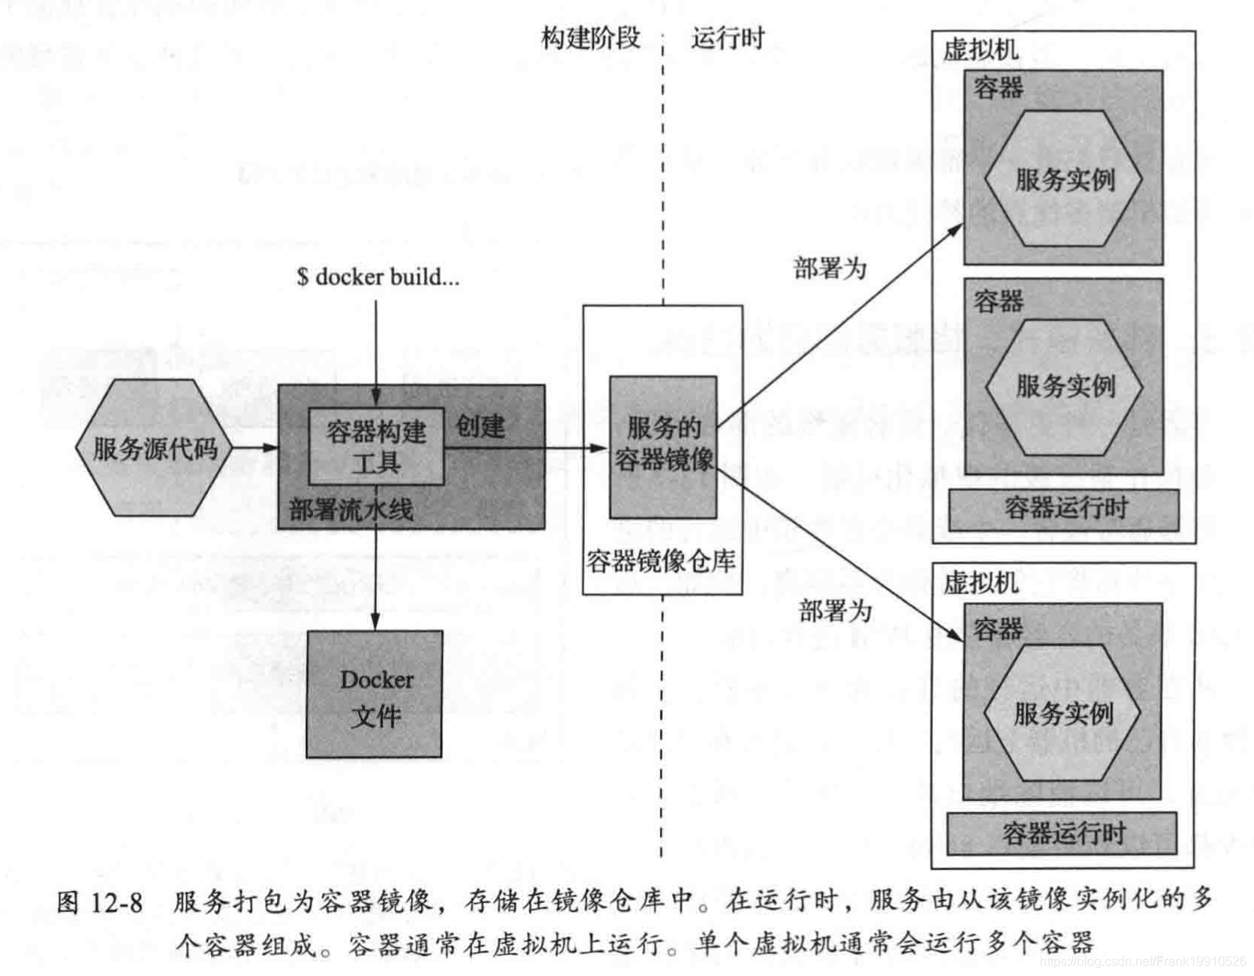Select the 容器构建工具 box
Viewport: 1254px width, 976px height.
click(376, 447)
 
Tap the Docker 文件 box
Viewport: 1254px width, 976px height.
click(375, 695)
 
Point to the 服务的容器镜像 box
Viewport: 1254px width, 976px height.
click(663, 445)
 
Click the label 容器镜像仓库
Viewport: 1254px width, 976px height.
click(661, 561)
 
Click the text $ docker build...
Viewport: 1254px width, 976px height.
click(377, 277)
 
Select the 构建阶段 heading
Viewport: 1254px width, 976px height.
click(591, 38)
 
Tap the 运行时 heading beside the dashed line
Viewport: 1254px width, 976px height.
click(727, 38)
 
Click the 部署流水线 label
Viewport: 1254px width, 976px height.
click(351, 509)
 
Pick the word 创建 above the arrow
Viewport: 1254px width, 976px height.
click(480, 426)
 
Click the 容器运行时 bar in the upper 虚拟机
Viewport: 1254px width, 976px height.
click(1065, 509)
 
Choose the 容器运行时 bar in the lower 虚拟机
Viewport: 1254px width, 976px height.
click(1062, 834)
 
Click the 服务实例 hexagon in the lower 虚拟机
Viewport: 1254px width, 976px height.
click(1062, 713)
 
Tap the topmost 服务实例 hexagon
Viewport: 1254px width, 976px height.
click(1064, 178)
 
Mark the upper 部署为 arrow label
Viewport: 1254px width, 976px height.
click(829, 267)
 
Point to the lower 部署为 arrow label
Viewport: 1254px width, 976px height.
click(835, 611)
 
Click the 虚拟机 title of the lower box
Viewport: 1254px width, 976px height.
click(980, 582)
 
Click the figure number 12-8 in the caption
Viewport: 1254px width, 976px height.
click(116, 902)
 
